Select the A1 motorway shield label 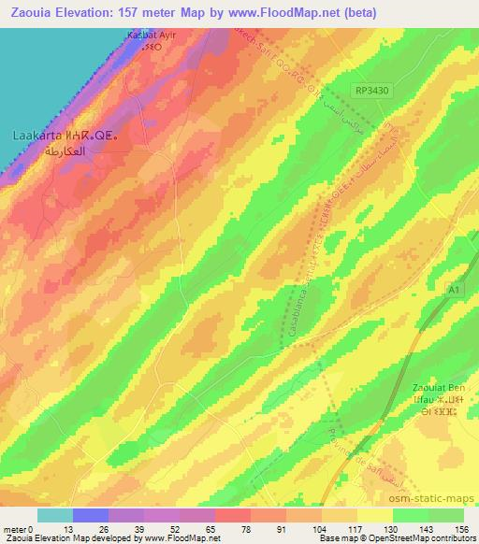[453, 291]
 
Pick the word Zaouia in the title [29, 12]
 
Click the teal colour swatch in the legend [54, 515]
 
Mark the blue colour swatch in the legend [90, 515]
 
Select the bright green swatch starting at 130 [410, 515]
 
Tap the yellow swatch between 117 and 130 [374, 515]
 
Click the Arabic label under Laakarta [58, 150]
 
